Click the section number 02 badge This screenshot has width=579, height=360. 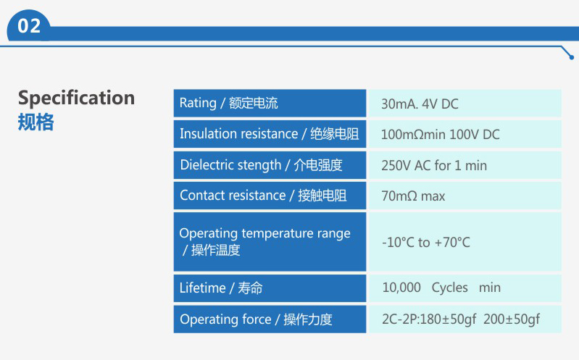pyautogui.click(x=29, y=26)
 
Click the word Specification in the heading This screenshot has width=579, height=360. pyautogui.click(x=76, y=99)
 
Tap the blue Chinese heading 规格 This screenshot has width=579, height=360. pyautogui.click(x=36, y=122)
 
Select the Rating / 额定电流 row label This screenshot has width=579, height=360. pyautogui.click(x=228, y=103)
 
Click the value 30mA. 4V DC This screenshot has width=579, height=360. pyautogui.click(x=420, y=104)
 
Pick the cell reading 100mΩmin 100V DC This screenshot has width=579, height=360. pyautogui.click(x=440, y=135)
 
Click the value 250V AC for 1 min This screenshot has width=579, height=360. pyautogui.click(x=434, y=165)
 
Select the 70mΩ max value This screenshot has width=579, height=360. pyautogui.click(x=413, y=196)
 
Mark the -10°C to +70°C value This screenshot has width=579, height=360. pyautogui.click(x=426, y=243)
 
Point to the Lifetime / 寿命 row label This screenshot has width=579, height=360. pyautogui.click(x=221, y=288)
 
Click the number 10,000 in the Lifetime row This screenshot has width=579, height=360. pyautogui.click(x=401, y=288)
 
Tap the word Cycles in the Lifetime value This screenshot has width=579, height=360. pyautogui.click(x=449, y=288)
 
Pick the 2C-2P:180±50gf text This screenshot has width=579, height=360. pyautogui.click(x=429, y=319)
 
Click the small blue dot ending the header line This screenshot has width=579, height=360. pyautogui.click(x=572, y=57)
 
